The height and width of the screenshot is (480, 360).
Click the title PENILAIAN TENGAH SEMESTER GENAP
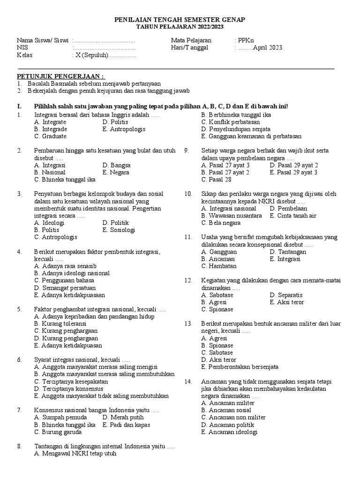pos(180,20)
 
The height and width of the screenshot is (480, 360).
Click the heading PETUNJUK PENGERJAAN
pos(61,76)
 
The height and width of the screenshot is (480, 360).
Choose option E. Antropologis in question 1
pos(124,129)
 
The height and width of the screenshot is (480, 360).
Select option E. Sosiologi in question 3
pos(119,230)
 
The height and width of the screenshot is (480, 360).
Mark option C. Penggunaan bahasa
pos(64,280)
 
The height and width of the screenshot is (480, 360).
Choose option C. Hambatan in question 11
pos(218,266)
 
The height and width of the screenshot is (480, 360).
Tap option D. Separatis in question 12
pos(286,295)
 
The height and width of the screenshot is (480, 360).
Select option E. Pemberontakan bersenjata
pos(240,367)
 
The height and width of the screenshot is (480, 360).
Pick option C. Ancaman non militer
pos(233,417)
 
